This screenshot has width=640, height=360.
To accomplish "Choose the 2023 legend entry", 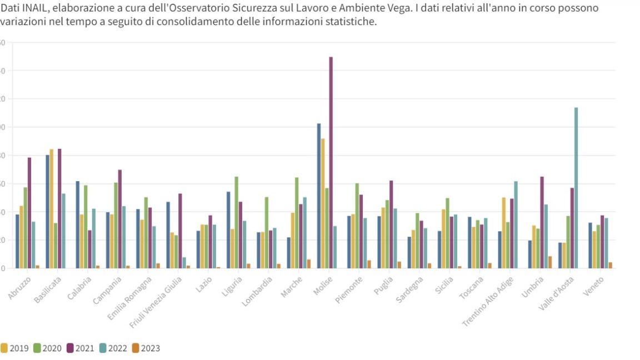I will [146, 348].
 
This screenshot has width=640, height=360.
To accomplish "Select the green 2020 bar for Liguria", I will [236, 222].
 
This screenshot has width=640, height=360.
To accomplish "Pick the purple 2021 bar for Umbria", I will [542, 222].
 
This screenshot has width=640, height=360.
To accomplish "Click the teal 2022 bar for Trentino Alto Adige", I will [516, 224].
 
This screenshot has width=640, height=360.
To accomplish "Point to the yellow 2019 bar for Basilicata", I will [52, 208].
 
